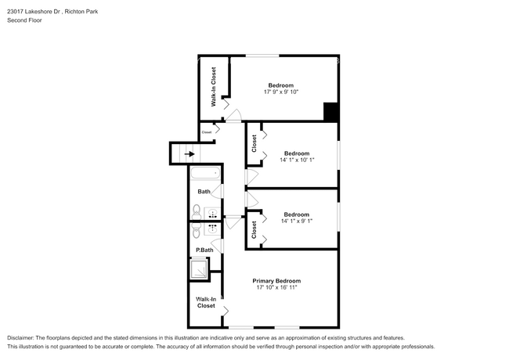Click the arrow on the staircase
point(190,155)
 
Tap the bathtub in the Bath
point(205,174)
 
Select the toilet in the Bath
point(196,211)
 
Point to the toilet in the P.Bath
point(196,229)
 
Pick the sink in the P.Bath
point(212,229)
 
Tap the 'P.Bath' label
point(204,250)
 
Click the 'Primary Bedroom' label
point(276,280)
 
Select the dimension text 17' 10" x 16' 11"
point(276,288)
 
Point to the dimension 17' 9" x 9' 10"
point(281,92)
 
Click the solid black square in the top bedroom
point(331,113)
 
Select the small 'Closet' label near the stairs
point(207,132)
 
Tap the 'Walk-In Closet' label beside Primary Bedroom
point(206,302)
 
